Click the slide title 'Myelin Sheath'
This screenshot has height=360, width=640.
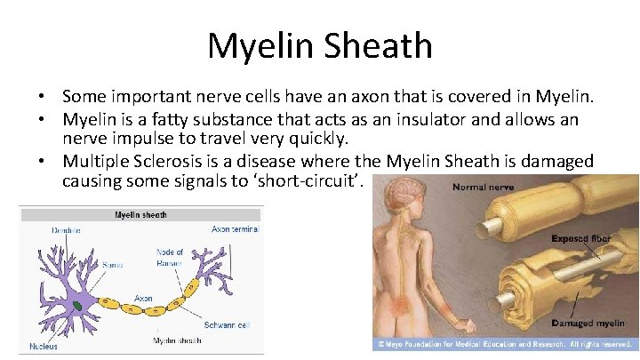(320, 46)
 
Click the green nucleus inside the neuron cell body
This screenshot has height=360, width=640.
(79, 306)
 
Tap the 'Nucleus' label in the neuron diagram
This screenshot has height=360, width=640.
(43, 346)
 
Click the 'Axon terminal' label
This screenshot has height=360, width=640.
(234, 229)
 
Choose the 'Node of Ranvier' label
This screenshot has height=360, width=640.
(169, 258)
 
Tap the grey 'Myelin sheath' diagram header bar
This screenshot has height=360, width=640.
(140, 214)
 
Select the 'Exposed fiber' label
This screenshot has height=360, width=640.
(581, 239)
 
